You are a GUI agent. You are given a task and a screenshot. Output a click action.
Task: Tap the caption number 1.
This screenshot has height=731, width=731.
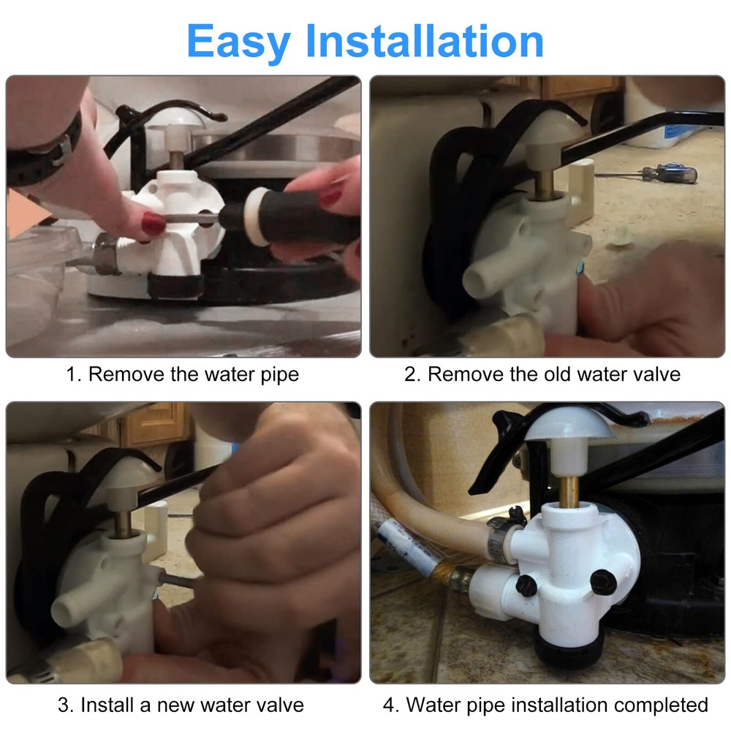(72, 375)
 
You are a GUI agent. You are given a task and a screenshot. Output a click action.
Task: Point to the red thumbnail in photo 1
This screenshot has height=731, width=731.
(153, 223)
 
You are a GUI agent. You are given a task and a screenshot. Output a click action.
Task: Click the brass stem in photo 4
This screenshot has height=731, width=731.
(568, 491)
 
